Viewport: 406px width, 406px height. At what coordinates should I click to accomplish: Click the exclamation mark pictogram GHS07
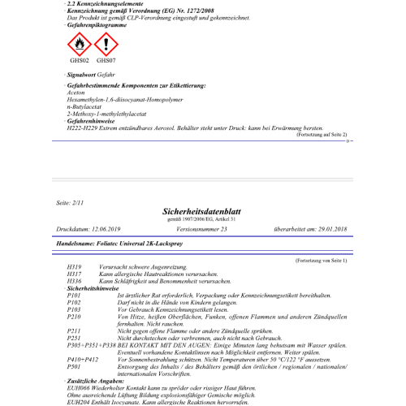coord(105,43)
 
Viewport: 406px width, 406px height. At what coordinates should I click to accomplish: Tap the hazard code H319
coord(75,266)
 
